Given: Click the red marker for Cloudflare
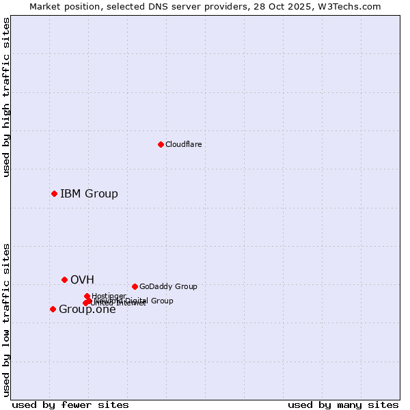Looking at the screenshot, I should click(161, 144).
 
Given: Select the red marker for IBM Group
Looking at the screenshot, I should click(54, 193).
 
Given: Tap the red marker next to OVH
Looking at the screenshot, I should click(64, 279).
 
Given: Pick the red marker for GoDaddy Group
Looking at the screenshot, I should click(135, 286).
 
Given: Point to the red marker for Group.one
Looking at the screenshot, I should click(53, 309).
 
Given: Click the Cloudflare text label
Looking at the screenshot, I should click(183, 144).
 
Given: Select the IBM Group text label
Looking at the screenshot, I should click(89, 193).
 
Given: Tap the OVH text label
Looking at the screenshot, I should click(82, 279).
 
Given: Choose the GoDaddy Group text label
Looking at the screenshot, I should click(168, 286).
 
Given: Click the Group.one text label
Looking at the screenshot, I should click(87, 309).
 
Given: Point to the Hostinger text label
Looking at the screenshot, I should click(109, 296).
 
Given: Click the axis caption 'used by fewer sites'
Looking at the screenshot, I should click(70, 405).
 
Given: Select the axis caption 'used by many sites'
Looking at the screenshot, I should click(343, 405).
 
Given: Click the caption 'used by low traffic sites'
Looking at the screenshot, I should click(6, 319).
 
